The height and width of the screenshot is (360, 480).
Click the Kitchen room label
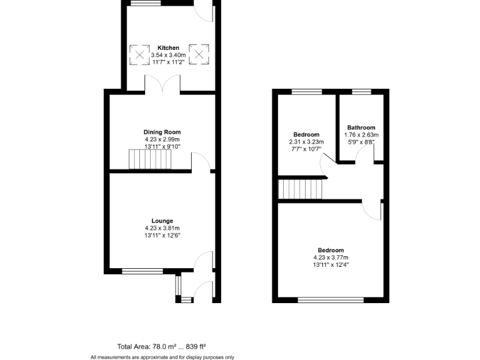point(168,47)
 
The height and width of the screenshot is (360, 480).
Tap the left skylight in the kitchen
point(139,54)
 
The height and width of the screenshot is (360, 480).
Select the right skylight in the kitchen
point(199,54)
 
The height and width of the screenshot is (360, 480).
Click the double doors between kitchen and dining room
point(162,84)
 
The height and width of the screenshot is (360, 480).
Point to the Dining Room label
point(162,132)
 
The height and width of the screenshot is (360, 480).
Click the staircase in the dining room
point(149,159)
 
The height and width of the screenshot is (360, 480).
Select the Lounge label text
point(162,221)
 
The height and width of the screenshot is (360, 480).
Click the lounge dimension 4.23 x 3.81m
point(162,228)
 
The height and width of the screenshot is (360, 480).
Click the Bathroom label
point(361,127)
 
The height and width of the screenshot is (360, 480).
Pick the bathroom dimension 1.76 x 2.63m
point(361,134)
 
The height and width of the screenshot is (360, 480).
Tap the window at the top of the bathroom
point(361,92)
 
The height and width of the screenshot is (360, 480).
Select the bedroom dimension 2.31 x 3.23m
point(306,142)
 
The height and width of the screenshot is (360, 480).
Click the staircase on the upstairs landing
point(301,189)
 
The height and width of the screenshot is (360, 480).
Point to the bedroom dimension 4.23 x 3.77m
point(331,257)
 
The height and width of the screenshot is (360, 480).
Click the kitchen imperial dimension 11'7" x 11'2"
point(168,62)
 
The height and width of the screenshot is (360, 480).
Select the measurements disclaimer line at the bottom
point(162,357)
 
